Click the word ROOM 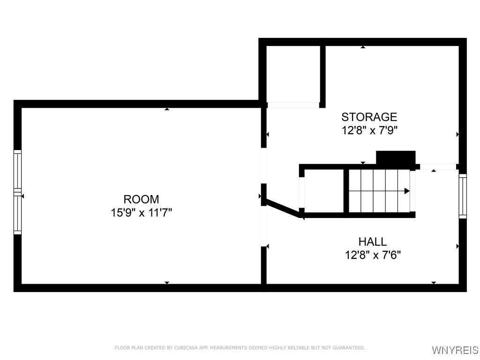(141, 199)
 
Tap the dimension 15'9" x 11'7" (141, 212)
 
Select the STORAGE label (369, 117)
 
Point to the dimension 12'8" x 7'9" (369, 130)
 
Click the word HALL (373, 242)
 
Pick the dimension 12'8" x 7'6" (373, 255)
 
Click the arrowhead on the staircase (407, 191)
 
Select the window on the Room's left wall (17, 192)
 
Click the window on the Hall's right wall (463, 196)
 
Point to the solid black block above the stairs (396, 157)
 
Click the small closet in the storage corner (293, 74)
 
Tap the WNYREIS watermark (455, 350)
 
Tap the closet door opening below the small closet (293, 105)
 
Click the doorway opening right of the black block (438, 166)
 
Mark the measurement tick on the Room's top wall (167, 109)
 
